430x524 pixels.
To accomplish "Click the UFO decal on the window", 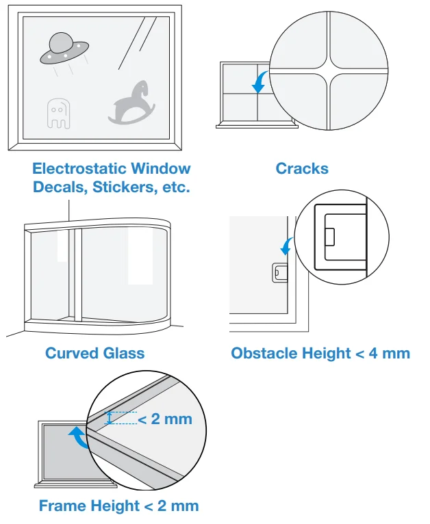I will coord(64,49).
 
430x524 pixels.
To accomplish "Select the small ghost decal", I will coord(58,113).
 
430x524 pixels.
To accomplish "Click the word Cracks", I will coord(302,168).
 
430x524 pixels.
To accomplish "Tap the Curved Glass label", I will coord(94,353).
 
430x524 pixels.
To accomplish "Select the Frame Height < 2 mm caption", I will coord(118,506).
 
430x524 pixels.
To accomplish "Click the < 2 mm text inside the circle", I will coord(165,419).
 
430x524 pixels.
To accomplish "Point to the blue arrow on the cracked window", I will coord(260,84).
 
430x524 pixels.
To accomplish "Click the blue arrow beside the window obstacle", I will coord(288,246).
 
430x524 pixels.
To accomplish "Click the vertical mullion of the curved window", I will coord(79,274).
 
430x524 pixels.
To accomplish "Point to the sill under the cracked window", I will coord(256,126).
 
